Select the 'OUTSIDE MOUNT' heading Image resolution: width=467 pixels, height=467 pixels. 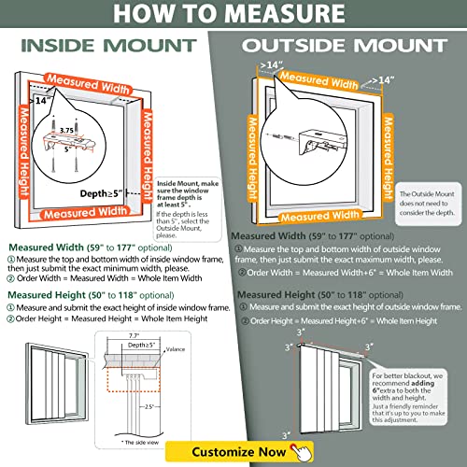[352, 47]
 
